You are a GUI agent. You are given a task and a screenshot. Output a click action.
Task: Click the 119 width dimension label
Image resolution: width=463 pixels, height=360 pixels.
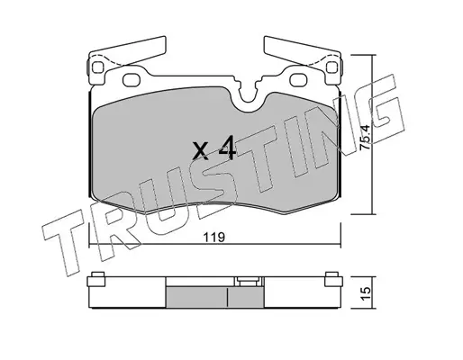point(214,238)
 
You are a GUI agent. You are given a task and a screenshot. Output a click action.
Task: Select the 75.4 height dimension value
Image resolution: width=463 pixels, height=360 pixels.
point(366,138)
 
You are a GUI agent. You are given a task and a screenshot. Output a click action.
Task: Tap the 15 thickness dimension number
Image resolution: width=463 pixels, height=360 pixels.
point(367,293)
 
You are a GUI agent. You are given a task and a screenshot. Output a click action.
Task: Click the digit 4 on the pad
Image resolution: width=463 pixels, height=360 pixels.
point(227,148)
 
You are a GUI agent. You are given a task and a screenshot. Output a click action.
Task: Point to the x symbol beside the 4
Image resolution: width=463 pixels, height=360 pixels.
point(201,151)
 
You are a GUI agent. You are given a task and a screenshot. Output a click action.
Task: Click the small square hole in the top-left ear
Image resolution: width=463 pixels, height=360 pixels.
point(98,67)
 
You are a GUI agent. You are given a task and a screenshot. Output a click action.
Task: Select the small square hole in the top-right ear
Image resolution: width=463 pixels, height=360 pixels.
point(331,67)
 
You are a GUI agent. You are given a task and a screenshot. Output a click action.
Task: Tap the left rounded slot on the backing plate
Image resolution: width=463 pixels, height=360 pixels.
point(132,80)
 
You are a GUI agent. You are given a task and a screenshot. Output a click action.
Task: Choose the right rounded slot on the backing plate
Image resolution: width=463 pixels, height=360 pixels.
point(299,80)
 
